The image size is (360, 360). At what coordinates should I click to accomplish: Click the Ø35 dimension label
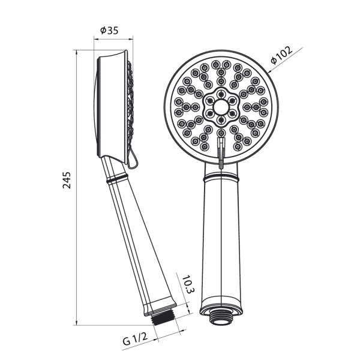click(109, 31)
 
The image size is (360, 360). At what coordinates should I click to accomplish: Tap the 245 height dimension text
click(67, 180)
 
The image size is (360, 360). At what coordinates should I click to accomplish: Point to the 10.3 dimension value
click(188, 284)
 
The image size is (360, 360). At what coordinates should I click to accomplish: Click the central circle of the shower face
click(221, 107)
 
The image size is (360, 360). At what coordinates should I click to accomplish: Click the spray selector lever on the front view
click(221, 152)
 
